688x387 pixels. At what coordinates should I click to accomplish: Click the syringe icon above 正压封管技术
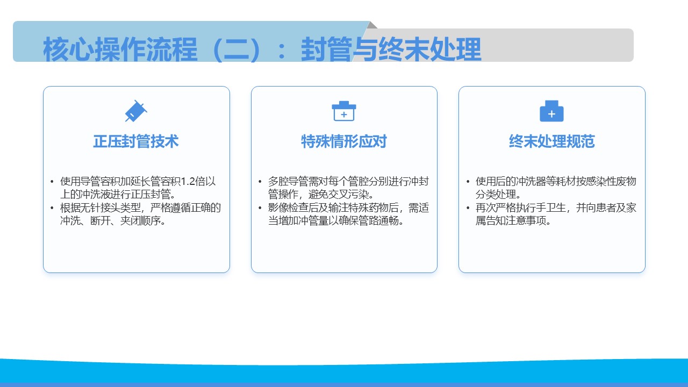136,111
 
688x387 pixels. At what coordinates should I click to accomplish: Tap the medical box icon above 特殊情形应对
344,111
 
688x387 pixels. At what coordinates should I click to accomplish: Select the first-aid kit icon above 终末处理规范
551,111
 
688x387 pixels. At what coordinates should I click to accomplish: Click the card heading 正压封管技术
136,141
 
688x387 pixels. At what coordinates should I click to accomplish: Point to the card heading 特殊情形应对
344,141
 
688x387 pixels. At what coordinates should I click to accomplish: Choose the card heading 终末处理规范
552,141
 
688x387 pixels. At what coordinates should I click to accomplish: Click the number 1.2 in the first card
188,182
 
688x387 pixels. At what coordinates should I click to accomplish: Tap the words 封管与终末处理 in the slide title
391,49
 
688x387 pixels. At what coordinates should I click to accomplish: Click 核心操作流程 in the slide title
120,49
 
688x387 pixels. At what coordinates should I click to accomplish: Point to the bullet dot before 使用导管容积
52,182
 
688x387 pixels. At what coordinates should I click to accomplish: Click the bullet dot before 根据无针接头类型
52,208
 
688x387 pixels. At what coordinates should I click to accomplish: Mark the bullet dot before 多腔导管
260,182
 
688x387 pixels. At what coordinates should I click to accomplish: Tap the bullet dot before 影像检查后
260,208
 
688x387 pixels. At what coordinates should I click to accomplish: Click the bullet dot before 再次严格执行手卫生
468,208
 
